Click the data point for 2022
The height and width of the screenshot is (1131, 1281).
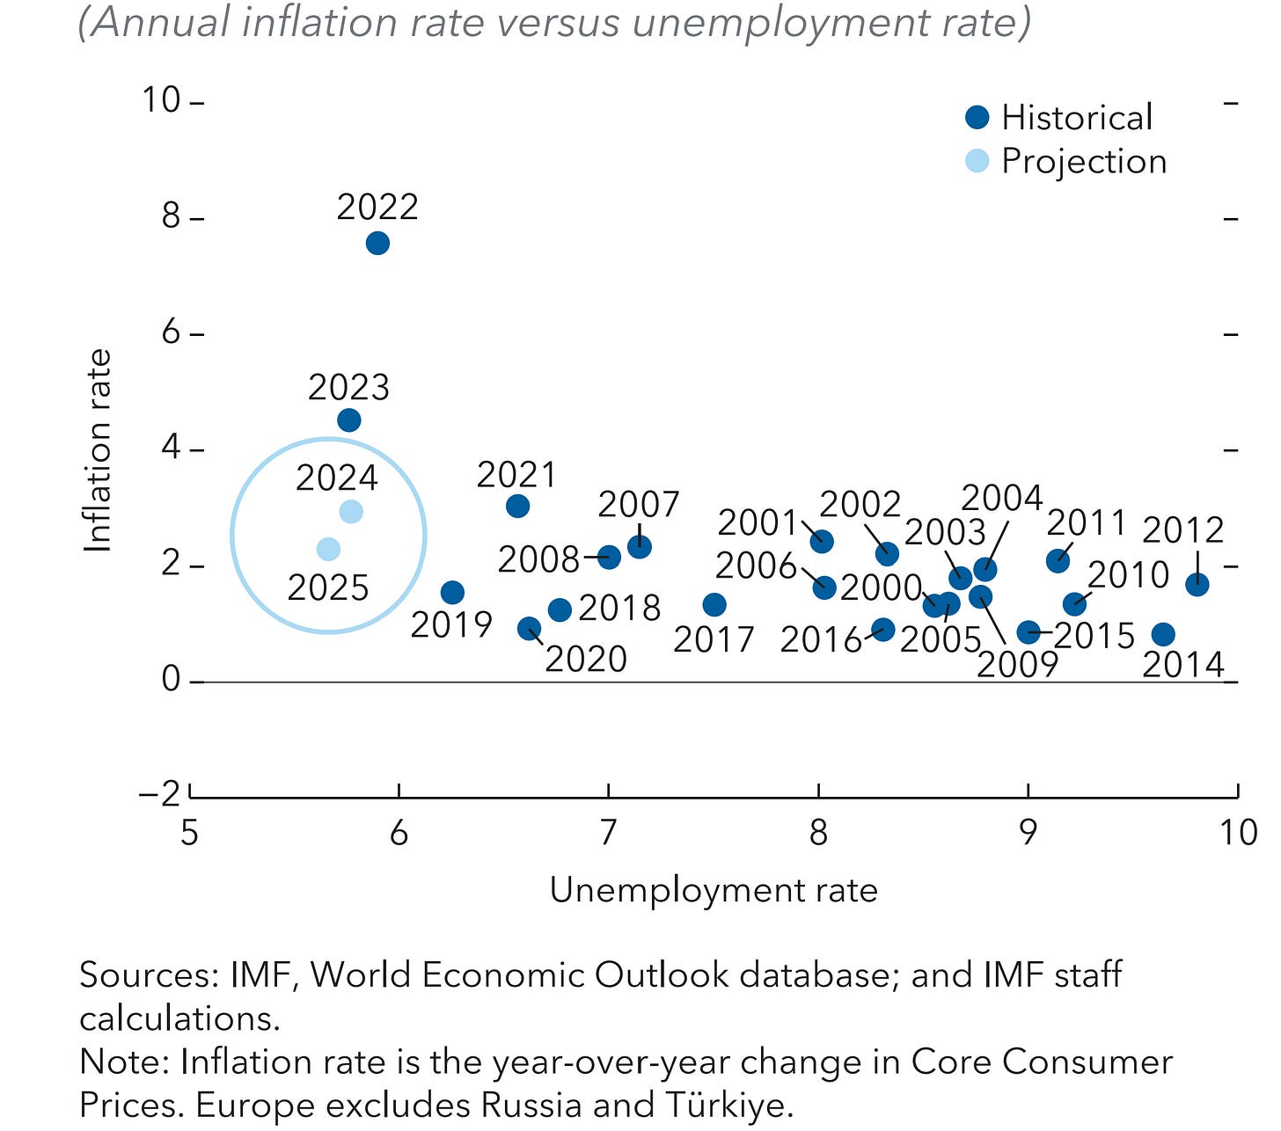377,244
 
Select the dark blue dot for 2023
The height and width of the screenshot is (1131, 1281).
349,420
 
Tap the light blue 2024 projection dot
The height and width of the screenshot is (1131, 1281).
351,512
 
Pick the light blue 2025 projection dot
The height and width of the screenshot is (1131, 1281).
328,550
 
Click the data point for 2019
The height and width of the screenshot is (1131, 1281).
452,593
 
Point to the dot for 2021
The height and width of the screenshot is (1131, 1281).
518,507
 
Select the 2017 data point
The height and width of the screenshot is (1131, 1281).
714,605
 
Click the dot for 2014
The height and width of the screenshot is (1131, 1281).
1163,634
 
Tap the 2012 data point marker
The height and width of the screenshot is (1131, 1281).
1197,585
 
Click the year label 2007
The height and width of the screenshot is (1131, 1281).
639,506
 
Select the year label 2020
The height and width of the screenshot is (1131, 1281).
585,660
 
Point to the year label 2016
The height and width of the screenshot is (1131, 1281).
820,640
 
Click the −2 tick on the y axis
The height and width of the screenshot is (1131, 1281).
160,794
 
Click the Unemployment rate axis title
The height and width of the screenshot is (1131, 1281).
714,891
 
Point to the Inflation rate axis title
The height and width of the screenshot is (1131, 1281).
99,451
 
